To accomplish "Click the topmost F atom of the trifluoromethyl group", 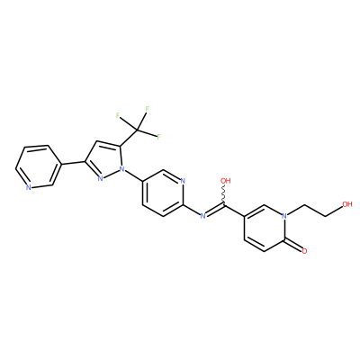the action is point(147,109).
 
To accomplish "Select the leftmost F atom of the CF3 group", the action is point(118,115).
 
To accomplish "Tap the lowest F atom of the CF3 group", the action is point(158,137).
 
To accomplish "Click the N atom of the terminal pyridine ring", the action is point(28,188).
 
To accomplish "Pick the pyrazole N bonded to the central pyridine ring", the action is point(121,169).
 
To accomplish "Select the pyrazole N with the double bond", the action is point(101,178).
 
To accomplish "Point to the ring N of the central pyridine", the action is point(183,181).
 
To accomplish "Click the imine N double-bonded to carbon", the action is point(203,215).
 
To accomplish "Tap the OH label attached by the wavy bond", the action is point(226,181).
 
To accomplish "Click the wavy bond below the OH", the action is point(224,195).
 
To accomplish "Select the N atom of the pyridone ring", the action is point(284,216).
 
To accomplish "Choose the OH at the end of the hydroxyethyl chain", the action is point(347,204).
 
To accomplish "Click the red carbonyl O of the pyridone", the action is point(304,251).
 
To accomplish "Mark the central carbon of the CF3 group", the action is point(138,130).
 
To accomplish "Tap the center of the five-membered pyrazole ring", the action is point(103,159).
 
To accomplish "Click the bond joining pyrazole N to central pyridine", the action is point(133,175).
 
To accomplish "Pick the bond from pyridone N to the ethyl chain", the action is point(296,210).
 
